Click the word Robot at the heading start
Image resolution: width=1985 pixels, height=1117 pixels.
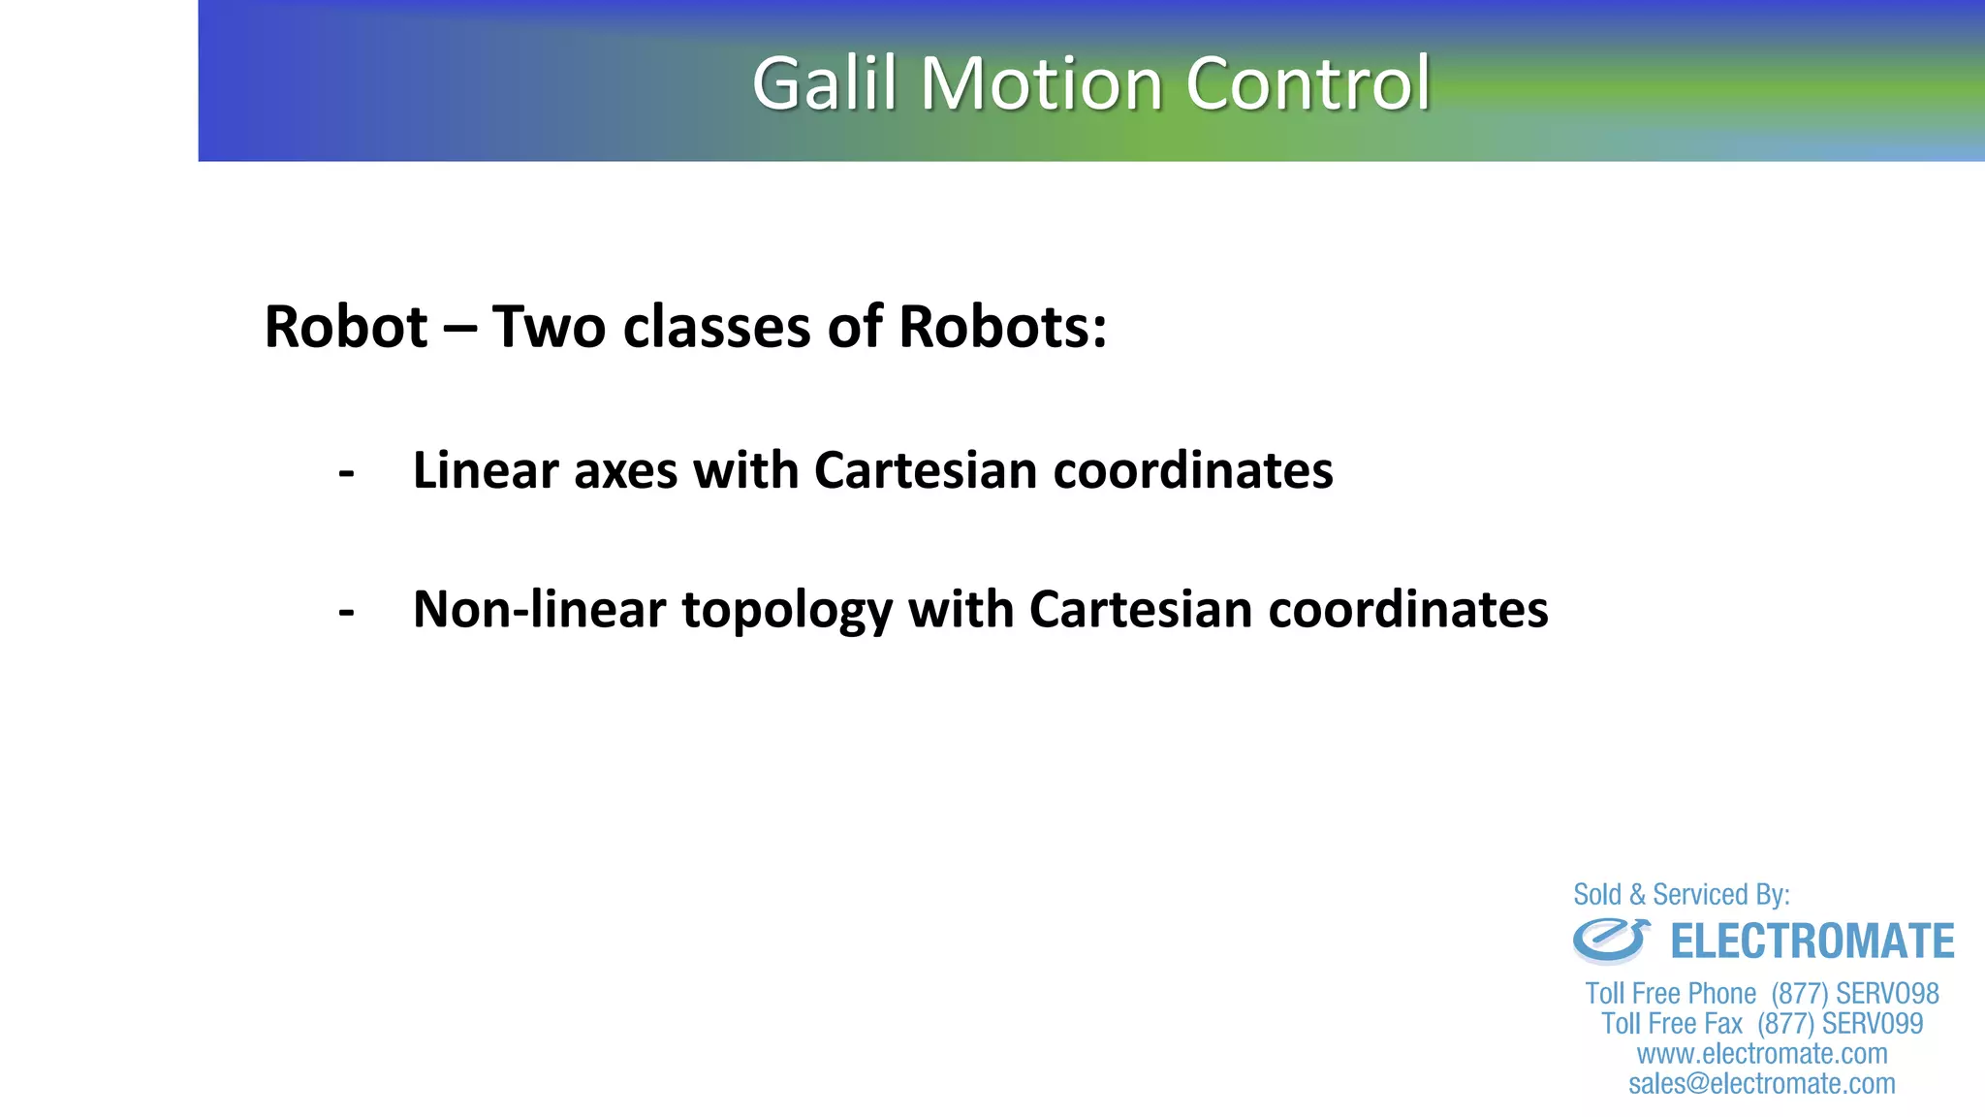pos(346,327)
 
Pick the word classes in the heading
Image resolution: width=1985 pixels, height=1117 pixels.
pos(716,327)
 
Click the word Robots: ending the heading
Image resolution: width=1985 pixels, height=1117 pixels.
pos(1002,327)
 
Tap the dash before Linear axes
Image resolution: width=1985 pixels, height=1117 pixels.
pos(346,473)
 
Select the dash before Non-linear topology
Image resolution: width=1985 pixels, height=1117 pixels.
pos(346,612)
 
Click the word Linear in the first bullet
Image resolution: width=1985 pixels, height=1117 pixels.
pos(486,471)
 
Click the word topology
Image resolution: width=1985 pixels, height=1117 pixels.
pos(787,612)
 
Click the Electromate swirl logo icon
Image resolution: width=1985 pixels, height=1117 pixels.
pos(1610,941)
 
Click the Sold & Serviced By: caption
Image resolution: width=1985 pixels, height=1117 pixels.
pos(1682,894)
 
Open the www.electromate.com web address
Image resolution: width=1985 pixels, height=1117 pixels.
pos(1762,1053)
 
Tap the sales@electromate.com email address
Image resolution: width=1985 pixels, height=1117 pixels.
pos(1762,1083)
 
